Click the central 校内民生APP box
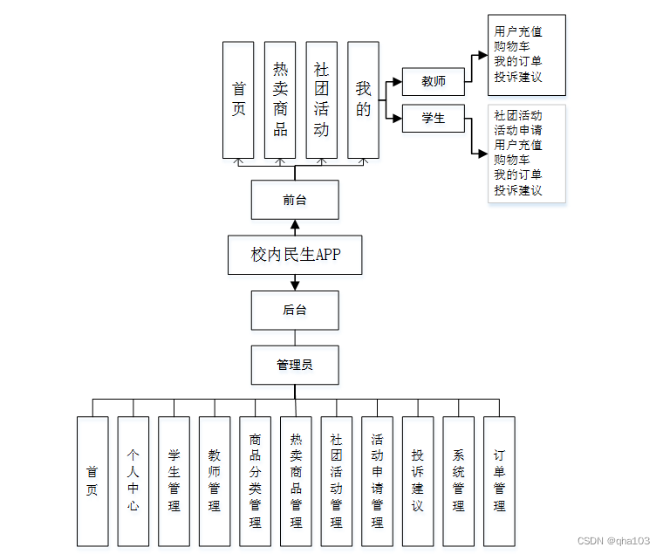click(295, 255)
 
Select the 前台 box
click(295, 200)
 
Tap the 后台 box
click(295, 310)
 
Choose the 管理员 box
click(295, 365)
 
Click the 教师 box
click(433, 81)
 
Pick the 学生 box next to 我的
click(433, 118)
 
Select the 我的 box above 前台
click(363, 99)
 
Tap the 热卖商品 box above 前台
click(280, 99)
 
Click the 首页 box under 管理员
click(92, 481)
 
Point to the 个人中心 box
click(133, 481)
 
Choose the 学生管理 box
click(174, 481)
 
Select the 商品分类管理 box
click(255, 481)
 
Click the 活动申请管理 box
click(377, 481)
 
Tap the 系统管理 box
click(459, 481)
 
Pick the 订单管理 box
click(499, 481)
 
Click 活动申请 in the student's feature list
click(518, 130)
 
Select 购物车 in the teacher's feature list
click(512, 46)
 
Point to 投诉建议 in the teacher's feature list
click(518, 77)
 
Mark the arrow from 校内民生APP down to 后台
click(295, 283)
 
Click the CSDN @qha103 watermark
click(613, 541)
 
